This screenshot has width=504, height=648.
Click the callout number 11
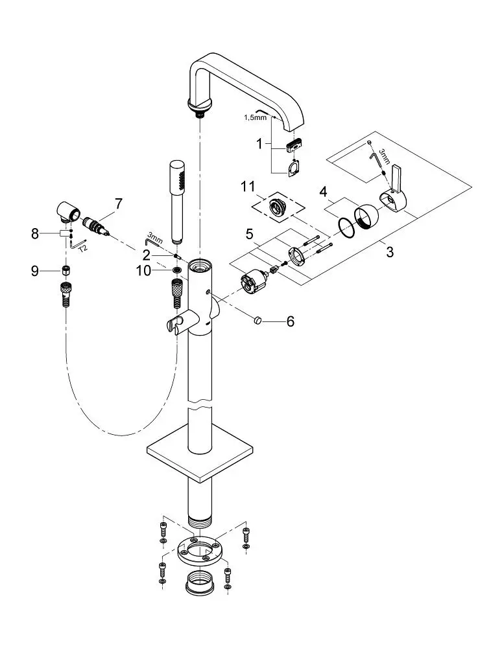click(248, 187)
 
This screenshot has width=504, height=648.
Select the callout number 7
click(118, 203)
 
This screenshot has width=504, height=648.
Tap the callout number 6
click(290, 321)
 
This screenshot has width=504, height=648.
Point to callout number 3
click(390, 251)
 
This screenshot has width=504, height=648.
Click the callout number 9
click(35, 271)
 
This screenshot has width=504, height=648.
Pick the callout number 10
click(143, 271)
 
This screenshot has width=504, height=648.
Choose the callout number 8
click(35, 234)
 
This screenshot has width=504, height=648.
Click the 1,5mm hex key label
click(256, 117)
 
